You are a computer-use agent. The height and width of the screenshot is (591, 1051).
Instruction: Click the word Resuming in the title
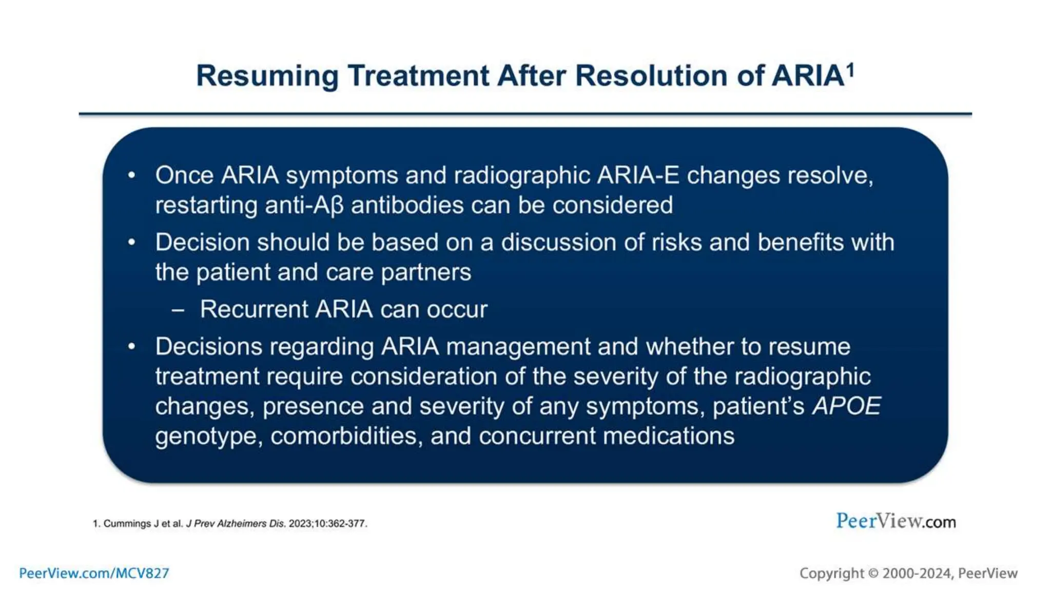(x=267, y=76)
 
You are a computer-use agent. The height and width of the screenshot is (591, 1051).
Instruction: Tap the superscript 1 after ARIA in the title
(x=850, y=69)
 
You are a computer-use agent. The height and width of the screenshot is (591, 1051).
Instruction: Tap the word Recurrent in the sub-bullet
(x=254, y=309)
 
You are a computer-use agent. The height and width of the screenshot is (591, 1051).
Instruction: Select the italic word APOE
(x=846, y=406)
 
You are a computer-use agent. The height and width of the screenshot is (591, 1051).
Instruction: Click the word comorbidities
(x=346, y=436)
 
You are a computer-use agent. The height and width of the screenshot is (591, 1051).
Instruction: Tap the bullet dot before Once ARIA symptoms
(x=132, y=175)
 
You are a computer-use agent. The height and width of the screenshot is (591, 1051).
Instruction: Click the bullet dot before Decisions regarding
(x=132, y=347)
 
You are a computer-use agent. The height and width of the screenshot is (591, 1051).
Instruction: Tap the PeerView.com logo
(x=896, y=521)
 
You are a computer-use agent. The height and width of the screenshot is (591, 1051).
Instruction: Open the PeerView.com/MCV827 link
(x=94, y=573)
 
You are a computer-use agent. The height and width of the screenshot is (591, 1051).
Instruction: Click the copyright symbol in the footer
(x=873, y=574)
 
